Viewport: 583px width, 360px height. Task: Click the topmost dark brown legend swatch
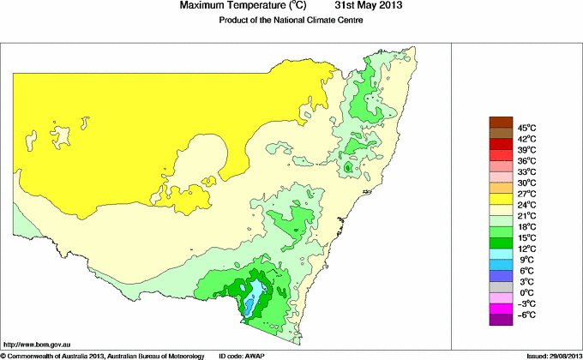pos(501,122)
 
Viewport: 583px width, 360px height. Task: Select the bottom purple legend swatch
pos(501,320)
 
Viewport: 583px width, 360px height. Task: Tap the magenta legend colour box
pos(501,309)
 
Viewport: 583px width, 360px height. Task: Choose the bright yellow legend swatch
pos(501,199)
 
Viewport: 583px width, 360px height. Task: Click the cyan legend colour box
pos(501,254)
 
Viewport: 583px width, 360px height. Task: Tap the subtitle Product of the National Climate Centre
pos(292,21)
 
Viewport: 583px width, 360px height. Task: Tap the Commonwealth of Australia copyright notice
pos(103,355)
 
